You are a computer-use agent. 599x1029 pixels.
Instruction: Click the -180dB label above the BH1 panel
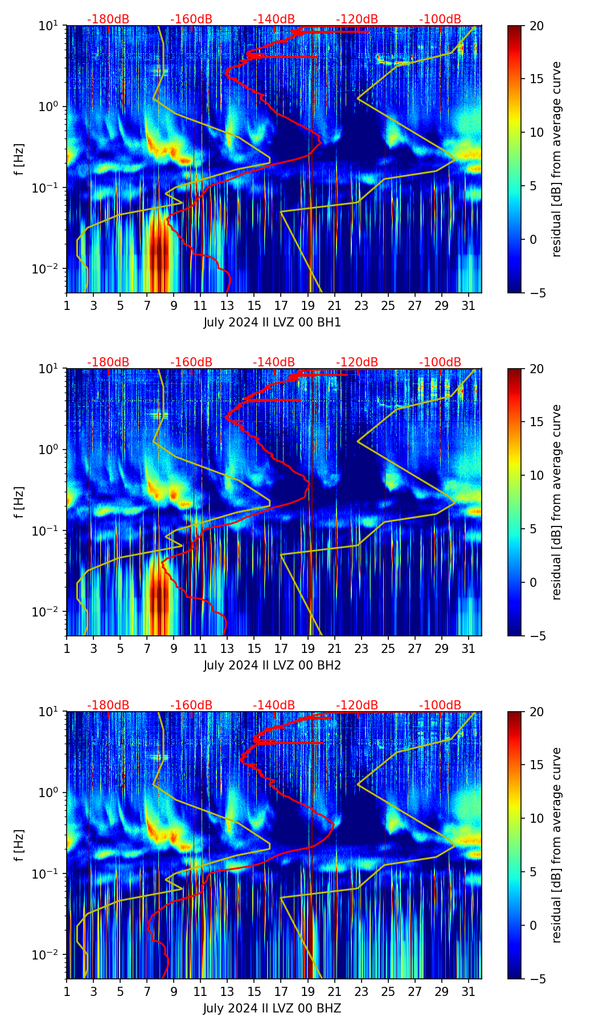pyautogui.click(x=108, y=19)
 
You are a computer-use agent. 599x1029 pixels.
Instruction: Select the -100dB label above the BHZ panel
pyautogui.click(x=440, y=705)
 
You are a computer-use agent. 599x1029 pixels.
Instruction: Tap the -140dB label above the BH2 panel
pyautogui.click(x=274, y=362)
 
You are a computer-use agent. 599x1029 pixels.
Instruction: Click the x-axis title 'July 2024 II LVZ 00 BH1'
pyautogui.click(x=272, y=322)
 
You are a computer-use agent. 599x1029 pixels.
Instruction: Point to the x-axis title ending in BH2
pyautogui.click(x=272, y=665)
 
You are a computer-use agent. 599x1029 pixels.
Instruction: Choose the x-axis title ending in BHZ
pyautogui.click(x=272, y=1008)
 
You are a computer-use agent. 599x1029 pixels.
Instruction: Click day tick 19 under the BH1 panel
pyautogui.click(x=307, y=306)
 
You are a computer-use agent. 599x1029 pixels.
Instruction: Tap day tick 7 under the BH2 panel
pyautogui.click(x=147, y=649)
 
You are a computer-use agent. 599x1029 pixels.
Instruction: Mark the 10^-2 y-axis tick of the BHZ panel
pyautogui.click(x=50, y=954)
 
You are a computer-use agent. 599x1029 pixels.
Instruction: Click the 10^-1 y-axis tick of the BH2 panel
pyautogui.click(x=50, y=530)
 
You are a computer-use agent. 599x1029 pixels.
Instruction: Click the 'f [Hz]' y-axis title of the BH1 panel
pyautogui.click(x=19, y=159)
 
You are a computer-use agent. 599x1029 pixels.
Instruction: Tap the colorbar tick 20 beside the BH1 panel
pyautogui.click(x=536, y=26)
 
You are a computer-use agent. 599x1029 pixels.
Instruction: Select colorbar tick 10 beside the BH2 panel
pyautogui.click(x=536, y=475)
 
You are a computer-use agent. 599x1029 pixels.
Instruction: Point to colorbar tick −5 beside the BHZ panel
pyautogui.click(x=536, y=979)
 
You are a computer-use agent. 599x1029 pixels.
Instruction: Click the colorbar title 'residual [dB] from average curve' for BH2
pyautogui.click(x=556, y=502)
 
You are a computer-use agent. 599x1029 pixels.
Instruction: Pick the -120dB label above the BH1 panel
pyautogui.click(x=357, y=19)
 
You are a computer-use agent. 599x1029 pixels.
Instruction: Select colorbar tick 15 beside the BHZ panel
pyautogui.click(x=536, y=765)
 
